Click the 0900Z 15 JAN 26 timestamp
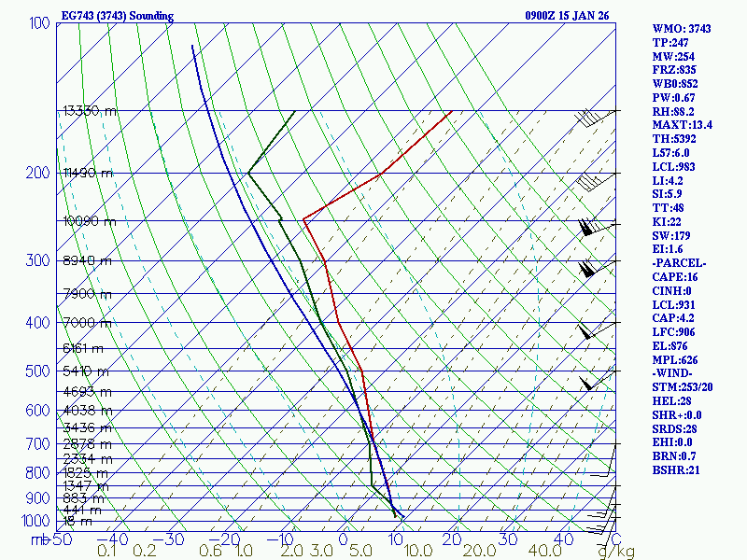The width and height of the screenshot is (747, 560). pyautogui.click(x=567, y=16)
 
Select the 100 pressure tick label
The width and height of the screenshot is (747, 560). pyautogui.click(x=39, y=22)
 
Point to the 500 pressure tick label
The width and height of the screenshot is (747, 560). pyautogui.click(x=38, y=371)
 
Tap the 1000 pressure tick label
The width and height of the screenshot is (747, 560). pyautogui.click(x=35, y=521)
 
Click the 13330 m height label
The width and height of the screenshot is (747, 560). pyautogui.click(x=90, y=110)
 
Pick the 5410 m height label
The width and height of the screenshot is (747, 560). pyautogui.click(x=82, y=371)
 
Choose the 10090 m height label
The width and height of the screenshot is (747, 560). pyautogui.click(x=90, y=221)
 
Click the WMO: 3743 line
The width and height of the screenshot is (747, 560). pyautogui.click(x=682, y=29)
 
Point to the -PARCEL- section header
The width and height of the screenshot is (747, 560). pyautogui.click(x=679, y=263)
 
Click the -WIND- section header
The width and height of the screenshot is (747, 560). pyautogui.click(x=674, y=373)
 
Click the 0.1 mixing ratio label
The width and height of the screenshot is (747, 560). pyautogui.click(x=107, y=551)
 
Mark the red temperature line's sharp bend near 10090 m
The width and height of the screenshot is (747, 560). pyautogui.click(x=303, y=220)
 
